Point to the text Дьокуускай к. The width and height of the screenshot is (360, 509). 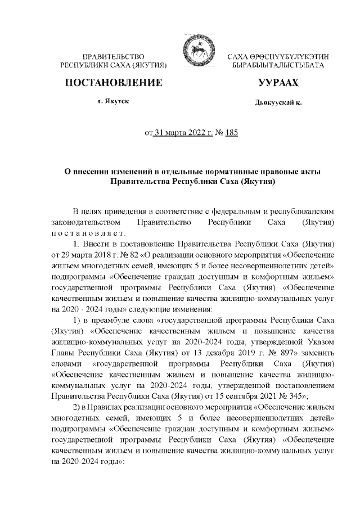pyautogui.click(x=278, y=103)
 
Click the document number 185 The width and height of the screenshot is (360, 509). pyautogui.click(x=231, y=133)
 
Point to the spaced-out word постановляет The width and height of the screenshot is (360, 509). pyautogui.click(x=85, y=233)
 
